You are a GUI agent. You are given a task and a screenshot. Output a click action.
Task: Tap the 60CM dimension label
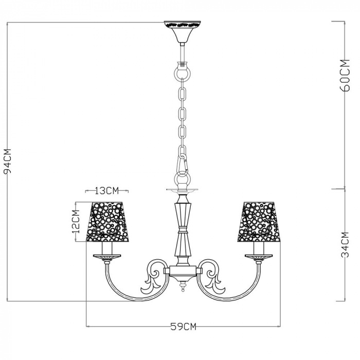(345, 75)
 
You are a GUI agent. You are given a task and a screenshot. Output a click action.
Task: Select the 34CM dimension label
(345, 245)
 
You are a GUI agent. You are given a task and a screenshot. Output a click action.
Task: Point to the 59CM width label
(183, 326)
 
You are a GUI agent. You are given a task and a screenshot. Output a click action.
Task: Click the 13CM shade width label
(107, 191)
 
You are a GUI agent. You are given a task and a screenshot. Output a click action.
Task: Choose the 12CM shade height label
(76, 221)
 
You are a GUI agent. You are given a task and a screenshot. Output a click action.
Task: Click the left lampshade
(107, 222)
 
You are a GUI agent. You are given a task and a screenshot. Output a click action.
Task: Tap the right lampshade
(259, 222)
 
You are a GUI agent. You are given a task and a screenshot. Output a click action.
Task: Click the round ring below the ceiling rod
(183, 73)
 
